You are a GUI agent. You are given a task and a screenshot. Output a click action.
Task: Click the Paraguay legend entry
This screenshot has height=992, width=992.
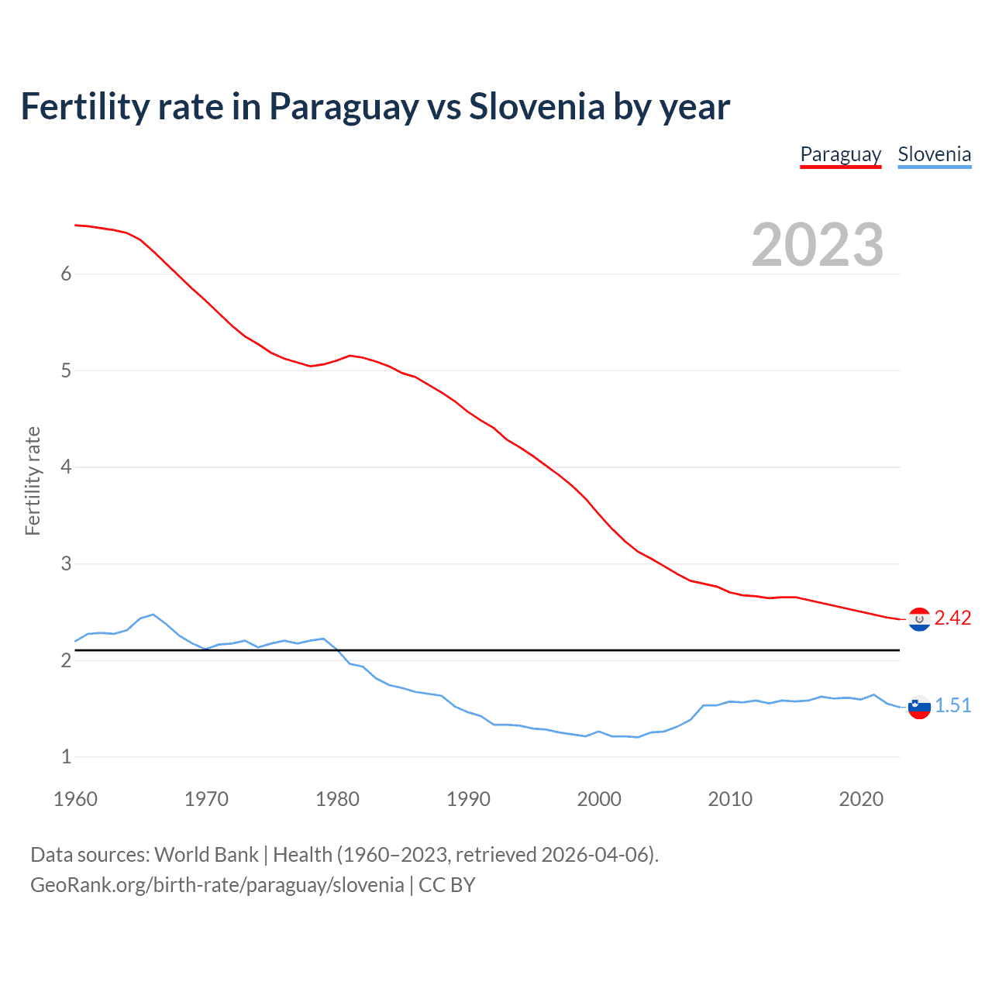click(840, 154)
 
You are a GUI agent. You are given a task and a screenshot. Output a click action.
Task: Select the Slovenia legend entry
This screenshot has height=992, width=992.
click(934, 154)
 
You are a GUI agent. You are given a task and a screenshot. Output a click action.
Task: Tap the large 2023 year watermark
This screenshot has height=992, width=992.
click(818, 245)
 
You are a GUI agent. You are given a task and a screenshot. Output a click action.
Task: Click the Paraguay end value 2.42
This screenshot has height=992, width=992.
click(952, 618)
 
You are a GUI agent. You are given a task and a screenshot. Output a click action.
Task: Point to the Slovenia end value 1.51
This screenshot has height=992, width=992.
click(952, 705)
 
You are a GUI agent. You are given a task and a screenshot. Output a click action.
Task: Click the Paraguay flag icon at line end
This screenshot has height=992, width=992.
click(919, 619)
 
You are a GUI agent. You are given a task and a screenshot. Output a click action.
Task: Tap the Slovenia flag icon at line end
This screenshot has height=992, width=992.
click(919, 707)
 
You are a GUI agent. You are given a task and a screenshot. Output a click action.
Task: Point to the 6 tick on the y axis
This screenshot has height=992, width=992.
click(66, 274)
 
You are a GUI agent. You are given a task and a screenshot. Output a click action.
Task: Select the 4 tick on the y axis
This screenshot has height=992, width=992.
click(66, 467)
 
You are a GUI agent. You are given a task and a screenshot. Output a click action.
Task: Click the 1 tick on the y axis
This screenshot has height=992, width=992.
click(66, 756)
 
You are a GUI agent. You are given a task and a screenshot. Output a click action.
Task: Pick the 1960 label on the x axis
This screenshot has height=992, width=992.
click(75, 799)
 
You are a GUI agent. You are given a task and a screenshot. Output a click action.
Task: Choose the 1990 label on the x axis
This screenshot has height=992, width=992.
click(468, 799)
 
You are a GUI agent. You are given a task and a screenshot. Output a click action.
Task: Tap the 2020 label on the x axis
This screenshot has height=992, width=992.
click(861, 799)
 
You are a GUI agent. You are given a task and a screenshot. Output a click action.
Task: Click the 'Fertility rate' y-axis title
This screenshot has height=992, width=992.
click(33, 480)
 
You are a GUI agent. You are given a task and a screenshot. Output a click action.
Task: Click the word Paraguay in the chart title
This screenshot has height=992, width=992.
click(343, 107)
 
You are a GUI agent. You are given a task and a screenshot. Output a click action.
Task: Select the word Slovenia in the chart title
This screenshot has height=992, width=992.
click(536, 107)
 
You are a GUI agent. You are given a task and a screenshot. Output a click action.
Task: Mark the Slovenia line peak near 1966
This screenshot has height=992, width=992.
click(153, 614)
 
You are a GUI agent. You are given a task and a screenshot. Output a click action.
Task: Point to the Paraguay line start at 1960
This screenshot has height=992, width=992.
click(76, 225)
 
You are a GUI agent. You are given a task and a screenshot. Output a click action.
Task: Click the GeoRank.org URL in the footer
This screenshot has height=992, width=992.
click(217, 885)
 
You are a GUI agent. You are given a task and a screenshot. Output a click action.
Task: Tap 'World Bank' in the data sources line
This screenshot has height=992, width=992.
click(206, 855)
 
